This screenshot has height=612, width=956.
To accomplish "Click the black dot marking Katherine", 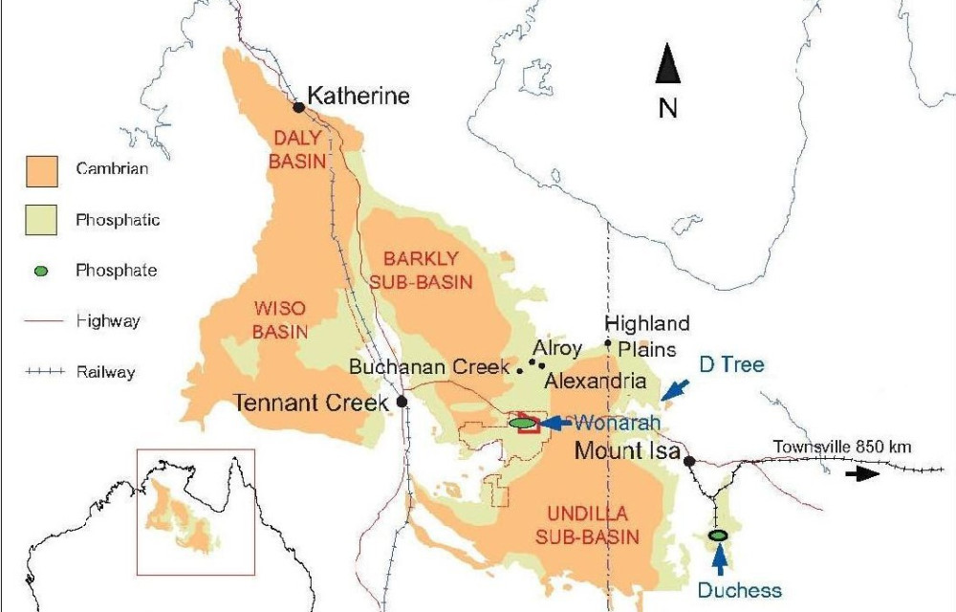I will [298, 108].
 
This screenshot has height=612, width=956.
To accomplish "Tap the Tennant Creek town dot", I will [402, 402].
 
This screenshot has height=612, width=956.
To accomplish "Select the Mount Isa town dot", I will [688, 461].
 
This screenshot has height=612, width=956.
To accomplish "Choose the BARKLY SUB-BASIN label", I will [421, 270].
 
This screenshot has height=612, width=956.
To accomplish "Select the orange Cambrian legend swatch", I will [42, 171].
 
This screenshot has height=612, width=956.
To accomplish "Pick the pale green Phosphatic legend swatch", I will [42, 220].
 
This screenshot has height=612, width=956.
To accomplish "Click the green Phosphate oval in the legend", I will [41, 271].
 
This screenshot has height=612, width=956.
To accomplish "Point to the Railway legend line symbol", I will [41, 373].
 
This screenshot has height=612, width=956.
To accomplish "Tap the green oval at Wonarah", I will [522, 423].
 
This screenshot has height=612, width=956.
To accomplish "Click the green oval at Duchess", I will [718, 535].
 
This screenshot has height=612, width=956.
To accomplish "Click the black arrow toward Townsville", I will [867, 473].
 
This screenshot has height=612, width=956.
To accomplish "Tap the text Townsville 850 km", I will [842, 447].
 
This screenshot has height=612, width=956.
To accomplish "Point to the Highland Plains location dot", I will [608, 342].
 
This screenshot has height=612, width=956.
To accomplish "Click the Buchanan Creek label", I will [430, 366].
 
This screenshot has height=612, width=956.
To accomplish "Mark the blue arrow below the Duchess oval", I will [719, 559].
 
